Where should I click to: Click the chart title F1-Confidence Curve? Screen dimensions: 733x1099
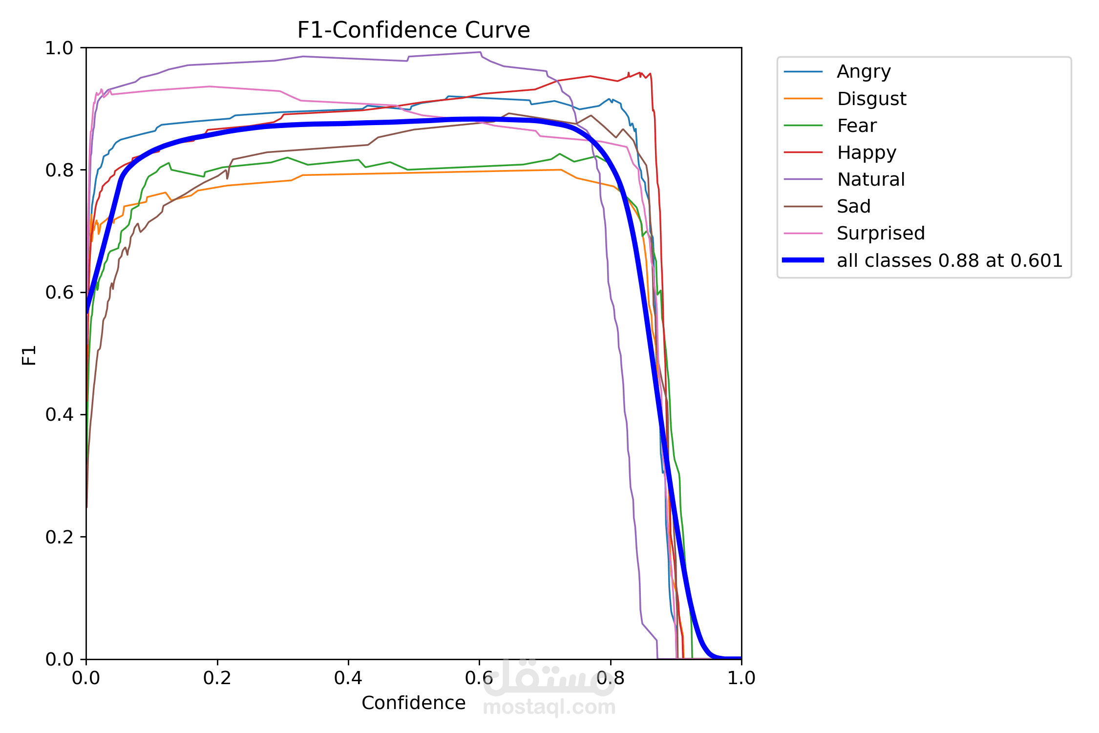pyautogui.click(x=413, y=30)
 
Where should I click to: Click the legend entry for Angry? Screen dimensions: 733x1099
pyautogui.click(x=864, y=72)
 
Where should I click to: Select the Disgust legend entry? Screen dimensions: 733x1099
pyautogui.click(x=871, y=99)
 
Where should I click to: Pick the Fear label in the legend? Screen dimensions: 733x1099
pyautogui.click(x=857, y=126)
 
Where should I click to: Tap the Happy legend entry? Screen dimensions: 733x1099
pyautogui.click(x=867, y=153)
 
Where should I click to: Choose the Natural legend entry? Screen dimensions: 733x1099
pyautogui.click(x=871, y=180)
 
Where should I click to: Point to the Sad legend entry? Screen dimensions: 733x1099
pyautogui.click(x=853, y=207)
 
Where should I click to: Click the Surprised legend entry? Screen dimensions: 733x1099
pyautogui.click(x=881, y=234)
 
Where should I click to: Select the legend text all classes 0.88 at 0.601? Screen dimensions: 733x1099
pyautogui.click(x=950, y=261)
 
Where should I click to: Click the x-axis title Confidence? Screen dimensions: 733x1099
pyautogui.click(x=413, y=703)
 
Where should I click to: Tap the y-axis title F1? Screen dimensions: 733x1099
pyautogui.click(x=29, y=355)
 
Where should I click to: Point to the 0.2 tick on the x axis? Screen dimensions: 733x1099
pyautogui.click(x=217, y=678)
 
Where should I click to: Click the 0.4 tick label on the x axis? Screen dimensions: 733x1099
pyautogui.click(x=348, y=678)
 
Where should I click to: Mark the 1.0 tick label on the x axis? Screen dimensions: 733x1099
pyautogui.click(x=741, y=678)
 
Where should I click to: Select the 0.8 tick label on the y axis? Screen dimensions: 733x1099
pyautogui.click(x=59, y=170)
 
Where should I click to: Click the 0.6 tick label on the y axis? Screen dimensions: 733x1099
pyautogui.click(x=59, y=292)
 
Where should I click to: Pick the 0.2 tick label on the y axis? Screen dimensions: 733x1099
pyautogui.click(x=59, y=537)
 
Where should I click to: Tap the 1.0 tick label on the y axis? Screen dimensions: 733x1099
pyautogui.click(x=59, y=48)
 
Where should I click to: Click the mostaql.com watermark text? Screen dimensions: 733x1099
pyautogui.click(x=549, y=707)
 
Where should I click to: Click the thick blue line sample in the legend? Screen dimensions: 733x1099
pyautogui.click(x=803, y=260)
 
